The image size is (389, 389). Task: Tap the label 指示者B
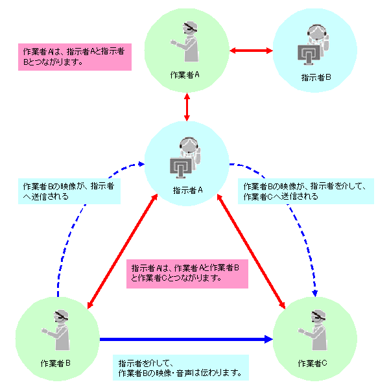pyautogui.click(x=316, y=78)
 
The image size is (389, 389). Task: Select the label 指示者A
pyautogui.click(x=188, y=190)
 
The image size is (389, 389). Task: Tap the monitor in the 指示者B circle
pyautogui.click(x=309, y=56)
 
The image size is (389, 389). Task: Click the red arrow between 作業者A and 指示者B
pyautogui.click(x=252, y=49)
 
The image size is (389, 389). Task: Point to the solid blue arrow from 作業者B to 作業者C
pyautogui.click(x=185, y=338)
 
